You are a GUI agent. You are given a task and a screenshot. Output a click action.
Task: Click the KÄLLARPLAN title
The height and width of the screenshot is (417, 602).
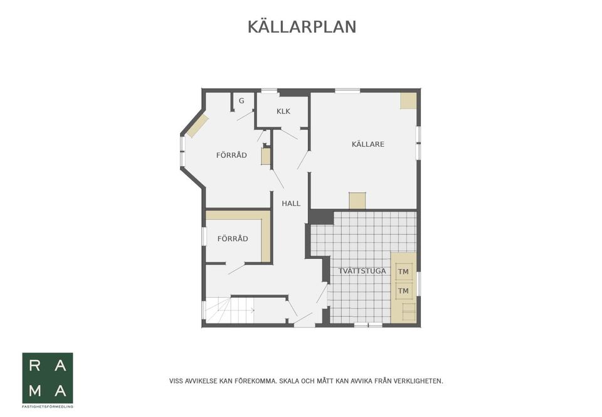pos(302,27)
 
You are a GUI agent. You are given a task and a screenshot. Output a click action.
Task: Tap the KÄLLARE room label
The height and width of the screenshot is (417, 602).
pos(367,144)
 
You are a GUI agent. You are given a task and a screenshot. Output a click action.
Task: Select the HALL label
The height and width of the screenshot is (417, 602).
pos(291,203)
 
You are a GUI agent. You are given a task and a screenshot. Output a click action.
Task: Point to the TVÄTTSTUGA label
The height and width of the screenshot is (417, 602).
pos(362,271)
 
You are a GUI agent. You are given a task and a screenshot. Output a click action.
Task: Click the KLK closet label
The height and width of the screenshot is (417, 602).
pos(283,112)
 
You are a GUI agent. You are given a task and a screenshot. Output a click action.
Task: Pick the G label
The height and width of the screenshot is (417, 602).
pos(241,101)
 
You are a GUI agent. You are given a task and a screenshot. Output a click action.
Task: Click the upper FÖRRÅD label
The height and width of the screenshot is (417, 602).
pos(231,155)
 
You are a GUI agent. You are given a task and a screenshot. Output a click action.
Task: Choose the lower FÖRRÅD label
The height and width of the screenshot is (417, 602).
pos(233,239)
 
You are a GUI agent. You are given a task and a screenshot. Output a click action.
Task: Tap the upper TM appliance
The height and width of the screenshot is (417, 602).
pos(403,272)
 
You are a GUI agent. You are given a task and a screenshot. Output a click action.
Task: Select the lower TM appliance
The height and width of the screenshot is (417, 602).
pos(403,291)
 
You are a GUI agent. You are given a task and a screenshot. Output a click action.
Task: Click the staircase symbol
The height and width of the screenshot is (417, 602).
pos(230,310)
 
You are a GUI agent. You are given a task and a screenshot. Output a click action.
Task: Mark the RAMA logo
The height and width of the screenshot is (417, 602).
pos(48,377)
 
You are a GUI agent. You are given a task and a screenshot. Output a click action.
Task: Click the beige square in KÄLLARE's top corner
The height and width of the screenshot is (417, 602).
pos(408,100)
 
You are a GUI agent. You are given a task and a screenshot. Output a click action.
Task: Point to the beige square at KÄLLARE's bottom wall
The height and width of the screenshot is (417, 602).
pos(357,200)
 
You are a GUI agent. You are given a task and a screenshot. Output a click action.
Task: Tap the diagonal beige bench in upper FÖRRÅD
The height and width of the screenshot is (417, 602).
pos(197,126)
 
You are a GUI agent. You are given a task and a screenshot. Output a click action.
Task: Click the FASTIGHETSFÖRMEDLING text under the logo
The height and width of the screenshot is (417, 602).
pos(48,406)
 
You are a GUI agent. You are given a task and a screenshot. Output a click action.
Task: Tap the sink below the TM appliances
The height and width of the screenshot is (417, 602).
pos(408,311)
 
